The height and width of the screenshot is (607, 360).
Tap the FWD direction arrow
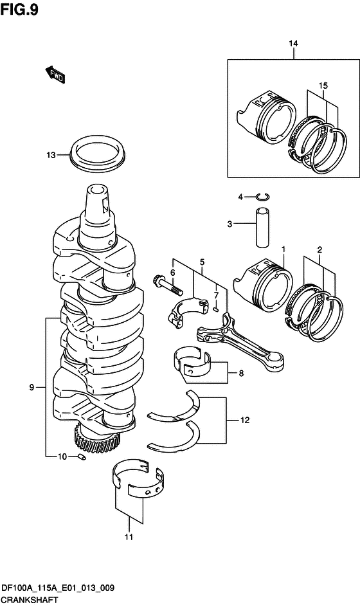[x=55, y=75]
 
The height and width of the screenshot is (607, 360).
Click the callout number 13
[x=51, y=155]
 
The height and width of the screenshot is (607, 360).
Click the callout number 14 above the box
[x=293, y=43]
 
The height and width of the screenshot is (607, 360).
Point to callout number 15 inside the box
[x=323, y=86]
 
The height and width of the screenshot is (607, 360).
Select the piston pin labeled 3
[x=262, y=227]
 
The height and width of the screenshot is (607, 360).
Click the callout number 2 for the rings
[x=319, y=250]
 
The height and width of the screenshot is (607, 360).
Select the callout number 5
[x=202, y=262]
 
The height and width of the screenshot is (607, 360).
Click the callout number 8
[x=241, y=374]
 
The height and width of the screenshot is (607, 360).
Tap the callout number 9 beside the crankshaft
[x=32, y=387]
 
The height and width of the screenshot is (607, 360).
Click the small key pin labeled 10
[x=81, y=457]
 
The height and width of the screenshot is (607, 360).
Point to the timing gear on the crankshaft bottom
[x=97, y=439]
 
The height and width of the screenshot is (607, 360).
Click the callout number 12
[x=245, y=420]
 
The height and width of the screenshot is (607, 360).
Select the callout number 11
[x=129, y=537]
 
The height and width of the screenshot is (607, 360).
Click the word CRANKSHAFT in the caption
[x=30, y=601]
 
